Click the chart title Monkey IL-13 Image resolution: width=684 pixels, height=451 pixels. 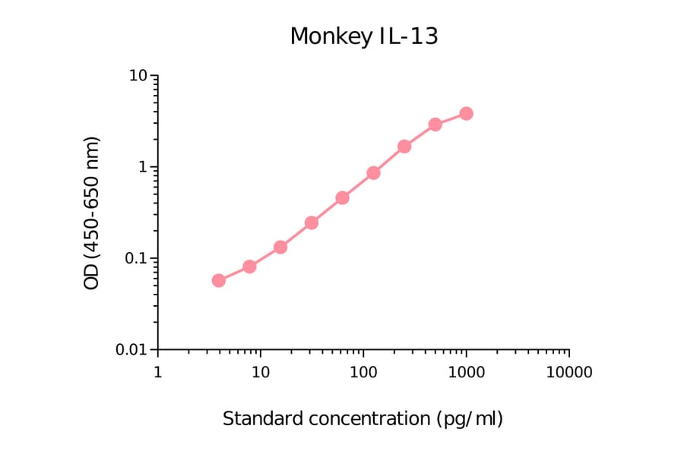(364, 36)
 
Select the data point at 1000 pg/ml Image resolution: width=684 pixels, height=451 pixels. (466, 113)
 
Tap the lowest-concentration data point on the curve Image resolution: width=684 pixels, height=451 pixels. (219, 280)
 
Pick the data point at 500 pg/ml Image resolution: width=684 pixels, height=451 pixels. (435, 125)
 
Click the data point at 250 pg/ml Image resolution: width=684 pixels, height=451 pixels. (404, 146)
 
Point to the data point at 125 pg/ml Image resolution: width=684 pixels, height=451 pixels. (373, 173)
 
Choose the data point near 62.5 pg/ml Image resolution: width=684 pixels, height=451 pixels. (342, 197)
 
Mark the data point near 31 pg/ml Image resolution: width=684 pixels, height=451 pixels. (312, 222)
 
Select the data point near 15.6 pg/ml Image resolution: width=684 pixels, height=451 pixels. (280, 247)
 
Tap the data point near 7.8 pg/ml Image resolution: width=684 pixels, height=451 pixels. (249, 266)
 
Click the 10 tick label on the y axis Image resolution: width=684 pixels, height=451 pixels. (138, 76)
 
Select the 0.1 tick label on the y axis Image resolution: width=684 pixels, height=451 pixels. (134, 258)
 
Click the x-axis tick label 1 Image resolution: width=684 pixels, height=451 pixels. (157, 373)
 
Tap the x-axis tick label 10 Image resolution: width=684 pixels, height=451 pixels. (260, 373)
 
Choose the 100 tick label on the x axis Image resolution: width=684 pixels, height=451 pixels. (363, 373)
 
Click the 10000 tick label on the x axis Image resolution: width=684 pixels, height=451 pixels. (568, 373)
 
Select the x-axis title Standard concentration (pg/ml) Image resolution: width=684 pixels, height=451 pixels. (363, 418)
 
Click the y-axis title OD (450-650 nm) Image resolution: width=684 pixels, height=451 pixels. (92, 213)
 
